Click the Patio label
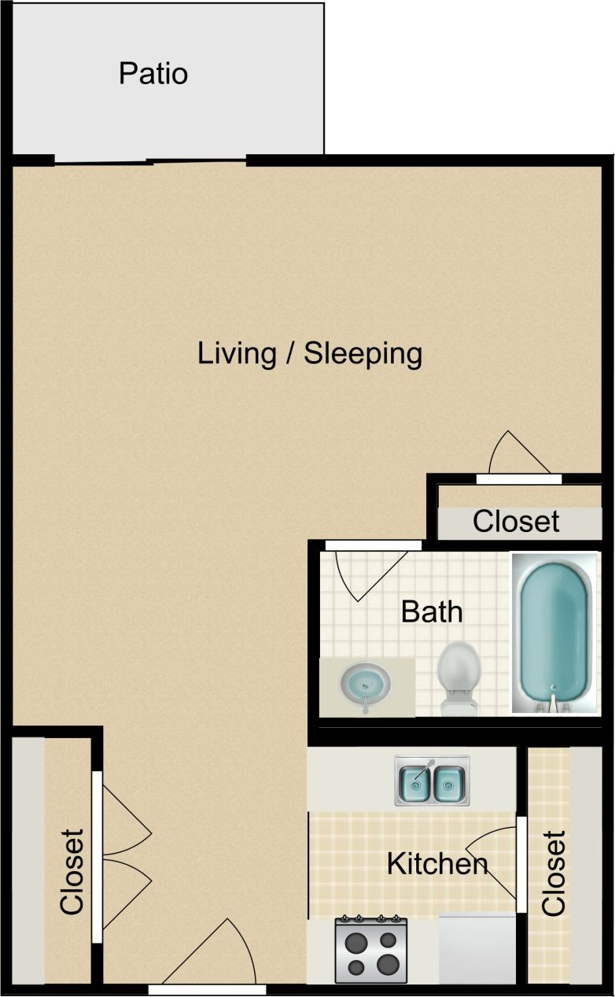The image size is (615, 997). click(153, 74)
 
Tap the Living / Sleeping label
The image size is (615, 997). click(310, 353)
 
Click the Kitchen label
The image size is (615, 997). click(437, 864)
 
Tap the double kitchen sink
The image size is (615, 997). click(432, 781)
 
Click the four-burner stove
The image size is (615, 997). click(371, 951)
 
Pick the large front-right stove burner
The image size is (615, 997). click(388, 963)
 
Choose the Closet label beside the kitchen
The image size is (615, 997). click(554, 873)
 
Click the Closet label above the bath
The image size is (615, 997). click(516, 521)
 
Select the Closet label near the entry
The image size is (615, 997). click(72, 871)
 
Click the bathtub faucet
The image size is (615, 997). click(554, 699)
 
